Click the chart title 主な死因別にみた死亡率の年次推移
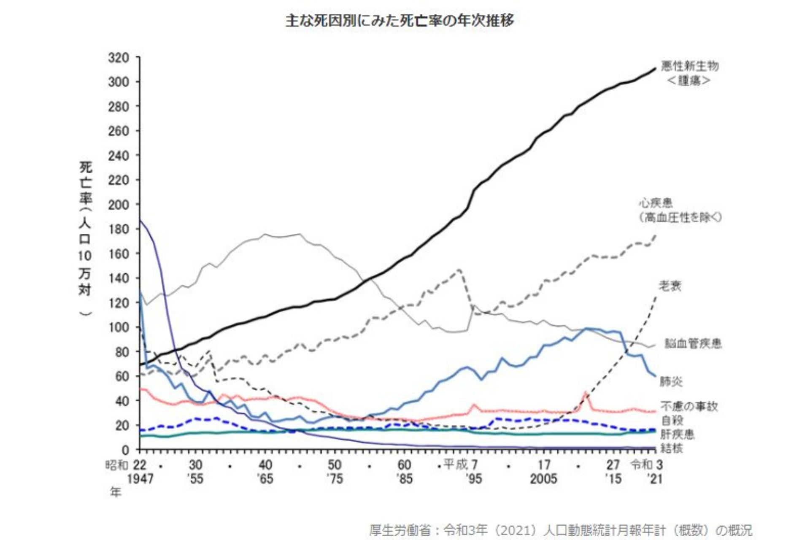[400, 21]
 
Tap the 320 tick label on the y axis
[119, 58]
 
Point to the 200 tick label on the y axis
[119, 205]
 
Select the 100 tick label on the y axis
[119, 327]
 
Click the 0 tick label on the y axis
[125, 450]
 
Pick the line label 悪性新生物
[689, 66]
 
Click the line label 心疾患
[656, 203]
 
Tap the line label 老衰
[670, 286]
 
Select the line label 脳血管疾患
[693, 344]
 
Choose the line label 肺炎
[671, 382]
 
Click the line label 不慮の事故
[689, 406]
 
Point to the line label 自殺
[672, 420]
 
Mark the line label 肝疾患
[677, 434]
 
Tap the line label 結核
[672, 448]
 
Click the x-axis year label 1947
[140, 479]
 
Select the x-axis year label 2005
[543, 479]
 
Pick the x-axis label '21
[655, 479]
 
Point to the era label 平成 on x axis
[456, 465]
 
